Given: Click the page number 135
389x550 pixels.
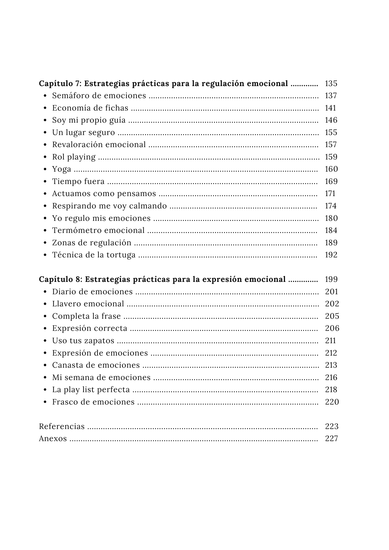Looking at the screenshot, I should tap(331, 83).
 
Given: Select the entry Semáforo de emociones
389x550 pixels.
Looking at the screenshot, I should tap(99, 96).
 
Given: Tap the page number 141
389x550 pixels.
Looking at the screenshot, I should tap(330, 108).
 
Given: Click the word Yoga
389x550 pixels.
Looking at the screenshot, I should tap(62, 169).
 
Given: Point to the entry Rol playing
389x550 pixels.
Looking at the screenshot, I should tap(74, 157).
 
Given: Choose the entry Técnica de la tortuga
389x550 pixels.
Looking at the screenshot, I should tap(94, 255).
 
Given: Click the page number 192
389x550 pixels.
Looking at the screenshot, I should tap(331, 255).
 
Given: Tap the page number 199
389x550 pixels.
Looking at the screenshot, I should tap(331, 279).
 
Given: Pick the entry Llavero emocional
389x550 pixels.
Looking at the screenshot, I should tap(88, 304).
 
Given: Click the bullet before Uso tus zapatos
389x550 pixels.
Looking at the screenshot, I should tap(45, 341).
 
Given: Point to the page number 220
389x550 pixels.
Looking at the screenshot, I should tap(332, 402).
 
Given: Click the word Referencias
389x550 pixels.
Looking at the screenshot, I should tap(62, 427).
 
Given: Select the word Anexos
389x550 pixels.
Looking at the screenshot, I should tap(53, 439).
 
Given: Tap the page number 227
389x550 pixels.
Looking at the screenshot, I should tap(332, 439).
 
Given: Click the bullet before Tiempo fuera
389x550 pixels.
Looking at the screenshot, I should tap(45, 182).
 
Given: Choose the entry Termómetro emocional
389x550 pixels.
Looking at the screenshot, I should tap(98, 230).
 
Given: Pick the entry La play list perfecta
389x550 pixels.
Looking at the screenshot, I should tap(91, 390).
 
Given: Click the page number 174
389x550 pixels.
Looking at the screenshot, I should tap(331, 206).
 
